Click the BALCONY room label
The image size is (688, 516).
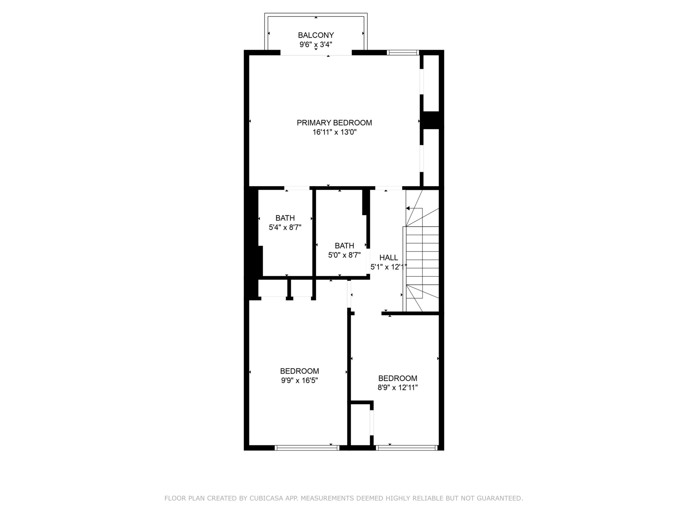click(x=316, y=35)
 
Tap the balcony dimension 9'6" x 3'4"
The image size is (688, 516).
click(x=316, y=45)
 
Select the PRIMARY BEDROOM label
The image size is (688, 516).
click(x=334, y=123)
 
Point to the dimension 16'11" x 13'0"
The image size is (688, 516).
click(x=334, y=132)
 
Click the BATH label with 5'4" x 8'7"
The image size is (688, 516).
click(x=285, y=218)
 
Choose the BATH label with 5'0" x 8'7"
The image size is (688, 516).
click(x=344, y=246)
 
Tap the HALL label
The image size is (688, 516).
click(x=388, y=257)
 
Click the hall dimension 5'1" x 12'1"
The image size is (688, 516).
click(x=388, y=267)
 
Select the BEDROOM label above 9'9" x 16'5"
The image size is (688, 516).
click(x=299, y=371)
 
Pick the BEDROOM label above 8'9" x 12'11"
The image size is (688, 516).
click(x=397, y=378)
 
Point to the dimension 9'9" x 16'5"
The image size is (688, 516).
click(x=299, y=380)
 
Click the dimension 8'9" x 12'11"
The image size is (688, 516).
click(x=397, y=388)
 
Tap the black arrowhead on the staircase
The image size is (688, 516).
click(x=408, y=208)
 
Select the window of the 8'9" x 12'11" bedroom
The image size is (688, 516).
click(x=407, y=448)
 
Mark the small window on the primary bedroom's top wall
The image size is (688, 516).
click(x=403, y=53)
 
